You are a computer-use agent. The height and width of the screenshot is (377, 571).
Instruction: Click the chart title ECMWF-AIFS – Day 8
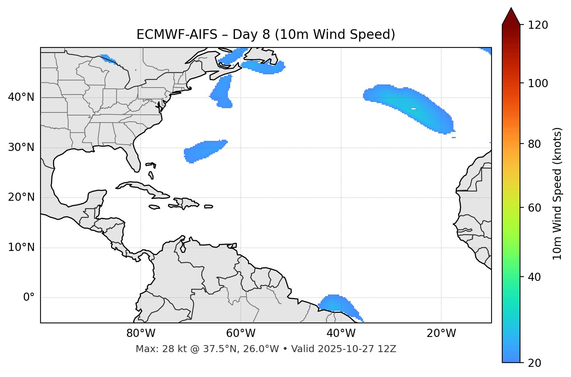266,35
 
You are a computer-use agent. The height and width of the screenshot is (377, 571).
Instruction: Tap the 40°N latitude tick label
21,97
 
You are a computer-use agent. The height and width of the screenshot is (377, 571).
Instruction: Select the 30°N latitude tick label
21,147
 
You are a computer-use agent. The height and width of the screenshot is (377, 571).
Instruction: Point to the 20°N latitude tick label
21,197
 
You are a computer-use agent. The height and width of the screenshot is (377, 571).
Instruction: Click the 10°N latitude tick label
21,247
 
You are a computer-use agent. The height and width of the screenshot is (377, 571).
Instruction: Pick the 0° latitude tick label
29,298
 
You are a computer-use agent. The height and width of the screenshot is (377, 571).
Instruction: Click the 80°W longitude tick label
141,333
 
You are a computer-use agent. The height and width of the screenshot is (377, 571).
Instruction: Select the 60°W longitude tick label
241,333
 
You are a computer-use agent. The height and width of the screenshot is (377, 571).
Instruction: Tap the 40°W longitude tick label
341,333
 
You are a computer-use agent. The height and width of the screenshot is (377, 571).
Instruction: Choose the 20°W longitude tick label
441,333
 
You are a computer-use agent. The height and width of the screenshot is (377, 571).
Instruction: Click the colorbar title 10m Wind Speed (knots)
557,193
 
